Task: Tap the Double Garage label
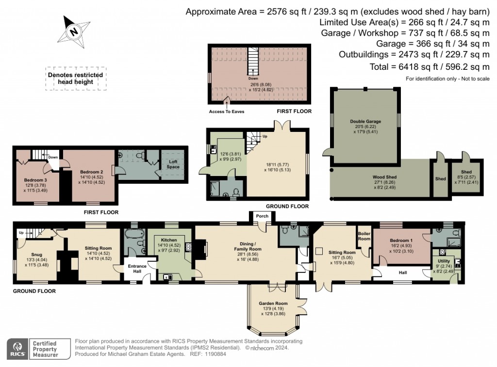tap(365, 122)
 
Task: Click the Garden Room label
tap(273, 303)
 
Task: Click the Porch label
tap(262, 216)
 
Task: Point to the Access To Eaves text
tap(227, 112)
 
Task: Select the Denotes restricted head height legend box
tap(75, 79)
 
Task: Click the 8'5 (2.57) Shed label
tap(466, 172)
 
